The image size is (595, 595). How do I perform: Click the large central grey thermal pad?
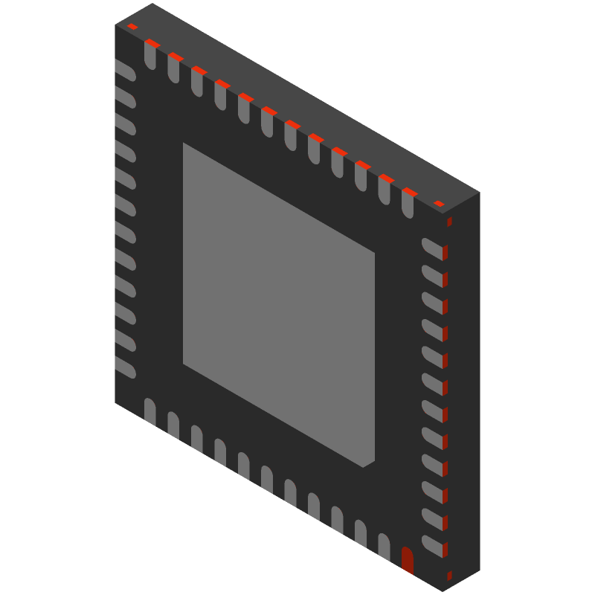pyautogui.click(x=279, y=305)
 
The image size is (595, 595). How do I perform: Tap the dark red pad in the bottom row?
pyautogui.click(x=407, y=560)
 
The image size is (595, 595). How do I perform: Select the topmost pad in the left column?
pyautogui.click(x=125, y=71)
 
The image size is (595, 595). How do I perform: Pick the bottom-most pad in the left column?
pyautogui.click(x=125, y=368)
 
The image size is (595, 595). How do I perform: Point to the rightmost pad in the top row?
pyautogui.click(x=408, y=204)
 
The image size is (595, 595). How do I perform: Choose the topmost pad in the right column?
pyautogui.click(x=432, y=248)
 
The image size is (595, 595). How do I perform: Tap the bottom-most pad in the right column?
pyautogui.click(x=432, y=545)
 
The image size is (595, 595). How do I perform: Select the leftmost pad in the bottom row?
pyautogui.click(x=149, y=411)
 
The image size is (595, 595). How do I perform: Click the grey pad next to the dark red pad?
pyautogui.click(x=384, y=547)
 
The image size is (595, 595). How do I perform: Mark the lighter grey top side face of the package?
pyautogui.click(x=297, y=97)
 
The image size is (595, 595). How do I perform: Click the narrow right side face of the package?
pyautogui.click(x=462, y=394)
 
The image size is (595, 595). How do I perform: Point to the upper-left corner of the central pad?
pyautogui.click(x=184, y=145)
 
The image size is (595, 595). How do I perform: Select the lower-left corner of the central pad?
pyautogui.click(x=184, y=363)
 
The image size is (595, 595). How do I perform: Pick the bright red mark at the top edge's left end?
pyautogui.click(x=132, y=27)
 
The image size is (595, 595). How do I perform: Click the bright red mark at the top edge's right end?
pyautogui.click(x=439, y=203)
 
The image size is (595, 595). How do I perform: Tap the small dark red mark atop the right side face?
pyautogui.click(x=449, y=222)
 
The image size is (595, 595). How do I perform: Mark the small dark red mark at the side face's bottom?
pyautogui.click(x=449, y=576)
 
